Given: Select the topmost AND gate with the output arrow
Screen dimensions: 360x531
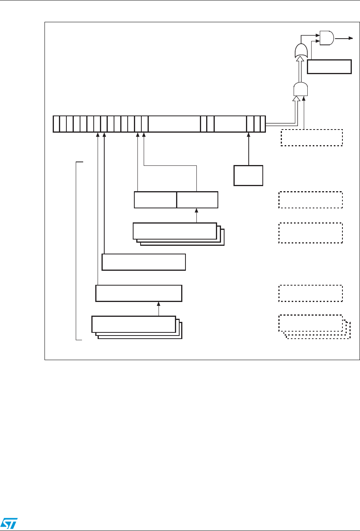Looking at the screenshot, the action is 326,38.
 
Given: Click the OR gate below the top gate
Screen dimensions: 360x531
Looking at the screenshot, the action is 301,50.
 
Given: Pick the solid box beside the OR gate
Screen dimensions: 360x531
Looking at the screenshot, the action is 329,67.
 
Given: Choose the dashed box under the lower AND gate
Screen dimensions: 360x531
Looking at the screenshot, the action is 312,137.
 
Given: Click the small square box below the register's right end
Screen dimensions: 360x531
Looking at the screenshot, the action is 248,175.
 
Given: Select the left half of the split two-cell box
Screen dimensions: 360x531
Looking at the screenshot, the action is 155,200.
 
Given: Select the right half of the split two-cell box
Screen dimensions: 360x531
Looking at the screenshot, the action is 197,200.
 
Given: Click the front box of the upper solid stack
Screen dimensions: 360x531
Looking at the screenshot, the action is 175,231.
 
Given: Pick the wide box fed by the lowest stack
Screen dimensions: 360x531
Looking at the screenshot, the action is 139,293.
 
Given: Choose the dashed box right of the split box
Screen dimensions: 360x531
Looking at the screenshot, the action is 310,200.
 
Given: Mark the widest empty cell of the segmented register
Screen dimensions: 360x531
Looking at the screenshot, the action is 174,124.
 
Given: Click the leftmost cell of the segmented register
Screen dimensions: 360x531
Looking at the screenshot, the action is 56,124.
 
